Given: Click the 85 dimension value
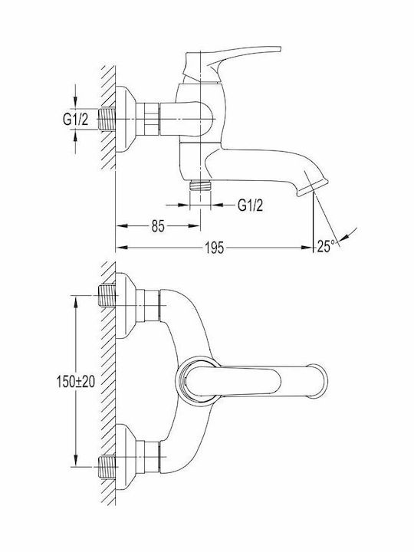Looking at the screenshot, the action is (158, 226).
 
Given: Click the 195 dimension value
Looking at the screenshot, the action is (215, 248).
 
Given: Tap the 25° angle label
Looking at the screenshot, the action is (326, 246).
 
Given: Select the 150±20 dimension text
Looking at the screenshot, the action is (76, 381).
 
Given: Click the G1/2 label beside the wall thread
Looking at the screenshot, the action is (75, 120).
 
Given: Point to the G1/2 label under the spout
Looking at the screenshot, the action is (250, 205).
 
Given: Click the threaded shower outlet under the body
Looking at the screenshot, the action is (200, 186).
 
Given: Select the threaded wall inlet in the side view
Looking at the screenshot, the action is (107, 120).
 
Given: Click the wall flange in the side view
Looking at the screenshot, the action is (126, 119).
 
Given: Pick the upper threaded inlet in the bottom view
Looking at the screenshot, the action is (107, 295).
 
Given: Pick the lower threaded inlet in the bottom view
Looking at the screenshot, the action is (107, 466).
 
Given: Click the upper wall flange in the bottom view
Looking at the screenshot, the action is (126, 305).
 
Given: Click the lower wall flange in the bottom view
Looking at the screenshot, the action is (126, 457).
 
